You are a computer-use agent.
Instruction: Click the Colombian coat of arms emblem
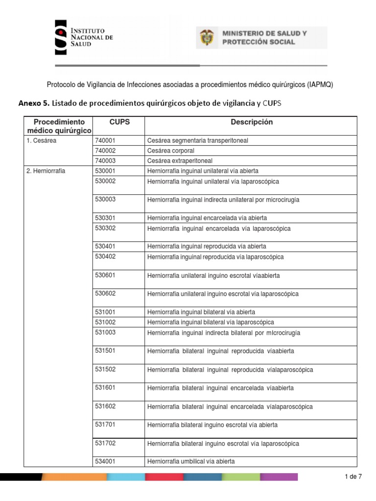(x=207, y=37)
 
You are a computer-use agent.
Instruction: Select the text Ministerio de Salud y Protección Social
(x=265, y=37)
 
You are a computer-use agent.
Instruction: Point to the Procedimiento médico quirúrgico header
(x=59, y=126)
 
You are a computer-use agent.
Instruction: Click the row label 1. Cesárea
(x=42, y=141)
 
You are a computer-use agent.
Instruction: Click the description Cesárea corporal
(x=171, y=151)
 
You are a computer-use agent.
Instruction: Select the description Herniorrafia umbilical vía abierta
(x=191, y=461)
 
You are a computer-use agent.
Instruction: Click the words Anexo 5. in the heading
(x=33, y=103)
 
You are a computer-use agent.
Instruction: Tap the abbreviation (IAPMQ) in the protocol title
(x=320, y=85)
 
